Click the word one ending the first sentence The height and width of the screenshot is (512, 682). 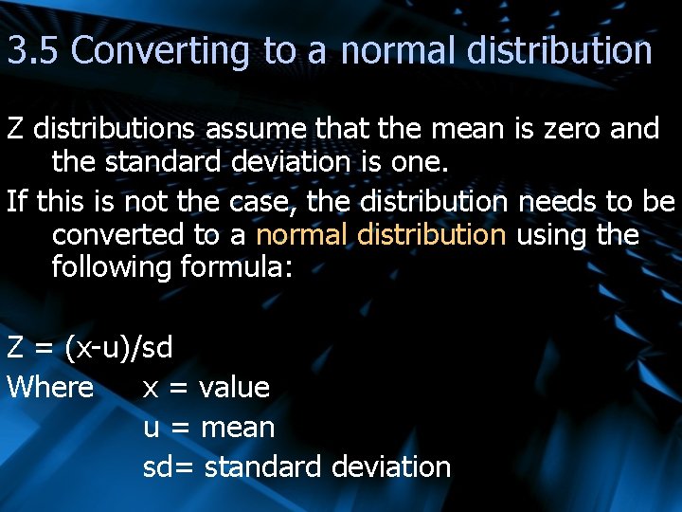[x=417, y=162]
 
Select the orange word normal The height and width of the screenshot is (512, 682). [x=302, y=234]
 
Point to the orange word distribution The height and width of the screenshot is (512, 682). [x=432, y=234]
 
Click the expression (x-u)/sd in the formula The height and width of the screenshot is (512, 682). [x=118, y=348]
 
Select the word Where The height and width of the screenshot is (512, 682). [x=50, y=387]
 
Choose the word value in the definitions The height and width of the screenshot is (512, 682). [x=234, y=387]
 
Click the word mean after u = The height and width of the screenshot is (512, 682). [x=240, y=428]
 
